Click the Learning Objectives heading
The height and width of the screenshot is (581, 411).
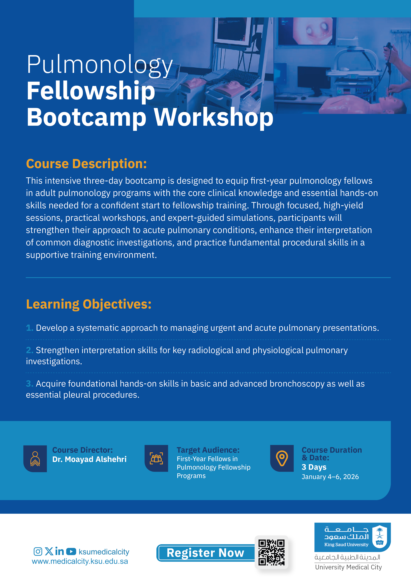click(89, 304)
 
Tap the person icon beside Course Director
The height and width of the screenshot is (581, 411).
click(35, 459)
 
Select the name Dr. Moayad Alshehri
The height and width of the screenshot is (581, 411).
click(89, 459)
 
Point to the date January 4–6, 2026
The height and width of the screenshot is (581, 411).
click(330, 477)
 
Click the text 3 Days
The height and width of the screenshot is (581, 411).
click(314, 467)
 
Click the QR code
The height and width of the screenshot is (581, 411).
click(271, 552)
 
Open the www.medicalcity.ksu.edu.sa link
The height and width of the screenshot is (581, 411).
click(80, 561)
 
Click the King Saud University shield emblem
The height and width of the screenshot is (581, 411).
click(379, 537)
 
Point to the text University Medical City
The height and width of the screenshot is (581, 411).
click(349, 567)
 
